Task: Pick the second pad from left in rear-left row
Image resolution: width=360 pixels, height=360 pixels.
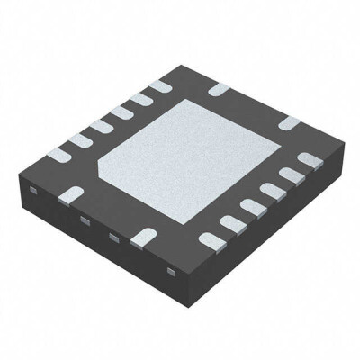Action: pyautogui.click(x=77, y=139)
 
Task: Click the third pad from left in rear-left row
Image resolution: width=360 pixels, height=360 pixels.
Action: pyautogui.click(x=98, y=126)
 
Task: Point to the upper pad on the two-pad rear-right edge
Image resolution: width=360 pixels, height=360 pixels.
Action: pyautogui.click(x=219, y=89)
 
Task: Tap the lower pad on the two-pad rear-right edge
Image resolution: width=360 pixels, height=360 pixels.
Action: pyautogui.click(x=289, y=122)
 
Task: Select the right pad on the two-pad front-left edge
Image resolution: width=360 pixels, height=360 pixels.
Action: pyautogui.click(x=141, y=238)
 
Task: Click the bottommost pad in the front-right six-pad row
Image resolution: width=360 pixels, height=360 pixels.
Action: pyautogui.click(x=211, y=239)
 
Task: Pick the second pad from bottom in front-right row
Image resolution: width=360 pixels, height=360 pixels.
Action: pyautogui.click(x=231, y=222)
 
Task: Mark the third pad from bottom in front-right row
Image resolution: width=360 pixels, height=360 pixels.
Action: pyautogui.click(x=251, y=206)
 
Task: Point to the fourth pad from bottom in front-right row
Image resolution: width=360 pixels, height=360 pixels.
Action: pyautogui.click(x=271, y=191)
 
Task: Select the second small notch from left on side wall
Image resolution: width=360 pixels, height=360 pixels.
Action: pyautogui.click(x=84, y=220)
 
